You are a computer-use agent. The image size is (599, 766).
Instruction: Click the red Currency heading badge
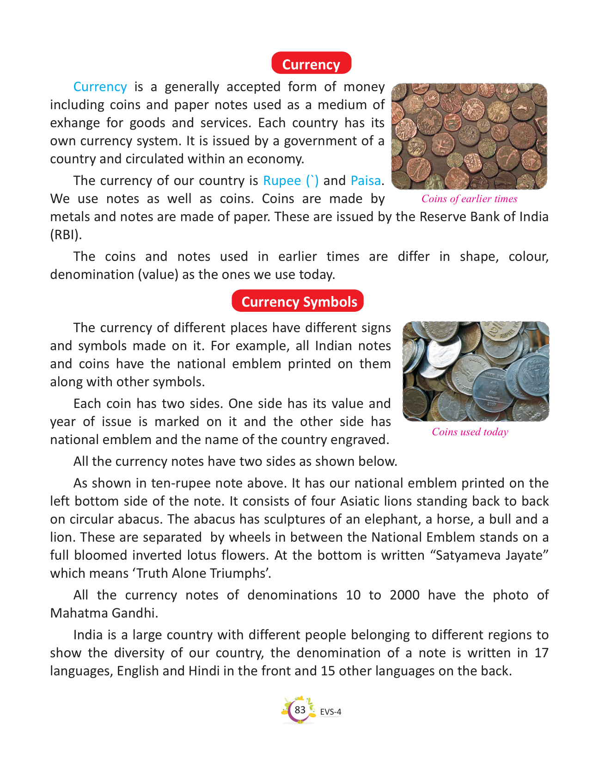311,64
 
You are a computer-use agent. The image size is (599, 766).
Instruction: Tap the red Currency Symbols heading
299,301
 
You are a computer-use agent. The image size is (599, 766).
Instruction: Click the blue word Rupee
282,180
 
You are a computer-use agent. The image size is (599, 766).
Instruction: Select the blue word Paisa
366,180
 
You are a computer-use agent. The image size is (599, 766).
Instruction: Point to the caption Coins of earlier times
469,198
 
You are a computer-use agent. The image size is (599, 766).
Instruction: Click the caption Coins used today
470,432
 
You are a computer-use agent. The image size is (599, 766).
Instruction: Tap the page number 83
300,710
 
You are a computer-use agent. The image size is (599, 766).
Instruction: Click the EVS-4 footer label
330,712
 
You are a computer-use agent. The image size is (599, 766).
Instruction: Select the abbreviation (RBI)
66,235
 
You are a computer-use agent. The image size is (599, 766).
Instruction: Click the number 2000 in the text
404,595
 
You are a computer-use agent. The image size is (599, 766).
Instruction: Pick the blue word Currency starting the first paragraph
100,87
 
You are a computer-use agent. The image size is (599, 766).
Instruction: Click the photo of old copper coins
469,136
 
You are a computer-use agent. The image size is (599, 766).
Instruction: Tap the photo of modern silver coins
476,371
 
